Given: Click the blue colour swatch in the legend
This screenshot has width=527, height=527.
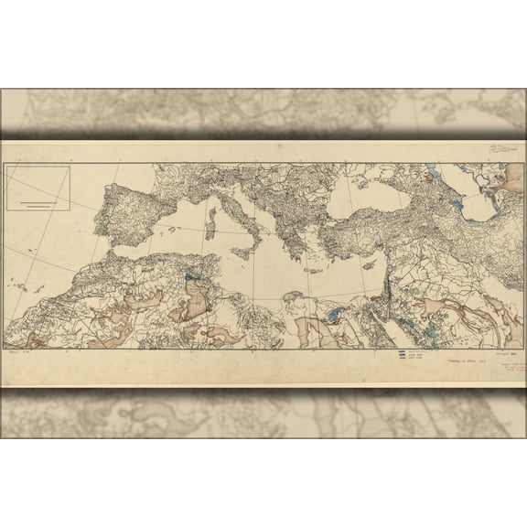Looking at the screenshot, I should tap(402, 352).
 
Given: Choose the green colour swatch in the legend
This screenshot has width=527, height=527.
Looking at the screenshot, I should tap(402, 358).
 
